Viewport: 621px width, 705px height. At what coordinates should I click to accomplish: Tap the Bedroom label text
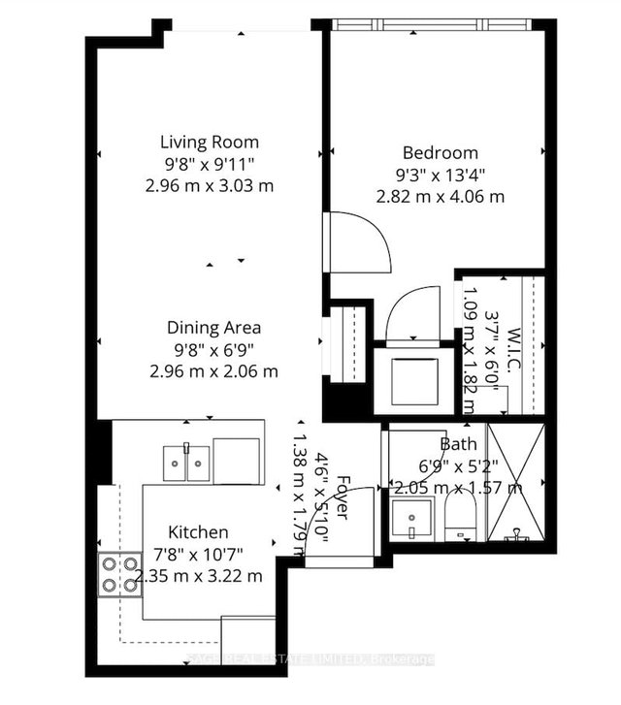pyautogui.click(x=440, y=152)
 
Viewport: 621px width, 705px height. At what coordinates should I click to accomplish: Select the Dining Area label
pyautogui.click(x=213, y=327)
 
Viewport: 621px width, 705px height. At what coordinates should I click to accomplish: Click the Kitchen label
pyautogui.click(x=199, y=531)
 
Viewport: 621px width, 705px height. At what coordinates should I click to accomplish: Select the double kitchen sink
pyautogui.click(x=184, y=460)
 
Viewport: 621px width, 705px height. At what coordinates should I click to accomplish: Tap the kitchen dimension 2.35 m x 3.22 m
pyautogui.click(x=199, y=575)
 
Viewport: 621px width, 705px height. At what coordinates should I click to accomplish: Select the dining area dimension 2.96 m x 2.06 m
pyautogui.click(x=213, y=370)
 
